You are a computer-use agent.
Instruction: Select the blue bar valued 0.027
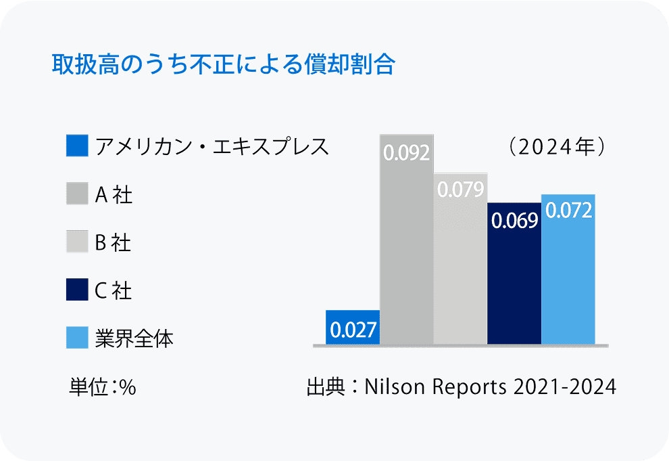point(352,328)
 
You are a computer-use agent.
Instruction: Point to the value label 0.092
point(406,153)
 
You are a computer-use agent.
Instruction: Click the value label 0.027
point(352,331)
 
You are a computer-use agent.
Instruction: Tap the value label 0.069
point(514,221)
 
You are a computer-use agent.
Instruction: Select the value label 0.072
point(568,211)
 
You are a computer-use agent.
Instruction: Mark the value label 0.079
point(460,190)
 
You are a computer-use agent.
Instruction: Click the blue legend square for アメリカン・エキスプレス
point(77,146)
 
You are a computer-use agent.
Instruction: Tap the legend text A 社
point(113,195)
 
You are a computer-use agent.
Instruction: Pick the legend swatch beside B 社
point(77,242)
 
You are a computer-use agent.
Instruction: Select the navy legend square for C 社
point(77,290)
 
